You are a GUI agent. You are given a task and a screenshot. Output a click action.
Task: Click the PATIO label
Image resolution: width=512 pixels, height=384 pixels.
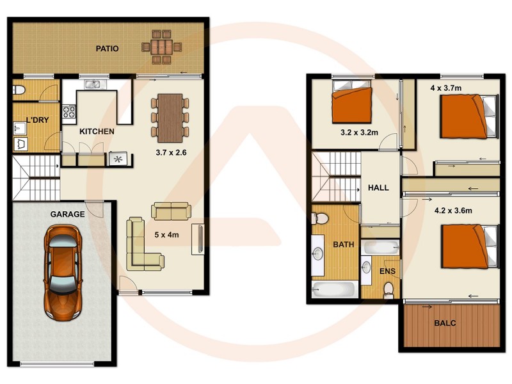tap(107, 49)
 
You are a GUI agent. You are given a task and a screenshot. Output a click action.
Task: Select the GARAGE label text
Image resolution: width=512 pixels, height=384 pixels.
tap(67, 214)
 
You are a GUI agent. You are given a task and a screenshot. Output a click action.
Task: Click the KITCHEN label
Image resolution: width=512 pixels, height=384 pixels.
tap(97, 132)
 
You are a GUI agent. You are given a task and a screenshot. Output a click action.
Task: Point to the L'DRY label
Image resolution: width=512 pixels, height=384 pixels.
tap(29, 119)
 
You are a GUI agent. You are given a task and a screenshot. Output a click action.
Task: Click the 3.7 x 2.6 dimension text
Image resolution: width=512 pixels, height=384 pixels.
tap(172, 153)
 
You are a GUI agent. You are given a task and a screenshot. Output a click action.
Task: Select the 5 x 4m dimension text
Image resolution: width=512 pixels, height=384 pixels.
tap(166, 235)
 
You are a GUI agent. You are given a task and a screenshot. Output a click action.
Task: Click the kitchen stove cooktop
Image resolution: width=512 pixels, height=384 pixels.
tap(68, 113)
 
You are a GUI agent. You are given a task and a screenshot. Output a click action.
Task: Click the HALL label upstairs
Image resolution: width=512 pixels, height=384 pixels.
tap(378, 188)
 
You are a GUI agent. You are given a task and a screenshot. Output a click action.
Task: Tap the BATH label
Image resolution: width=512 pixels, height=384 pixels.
tap(343, 244)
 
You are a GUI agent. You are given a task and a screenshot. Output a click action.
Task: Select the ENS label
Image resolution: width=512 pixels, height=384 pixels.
tap(388, 271)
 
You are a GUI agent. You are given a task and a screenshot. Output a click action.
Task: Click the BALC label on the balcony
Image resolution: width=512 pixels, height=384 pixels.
tap(445, 323)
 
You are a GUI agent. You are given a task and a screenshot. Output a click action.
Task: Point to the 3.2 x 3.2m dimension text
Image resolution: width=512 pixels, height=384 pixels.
tap(359, 132)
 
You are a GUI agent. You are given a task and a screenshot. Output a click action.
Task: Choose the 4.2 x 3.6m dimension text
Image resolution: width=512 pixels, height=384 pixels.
tap(452, 210)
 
